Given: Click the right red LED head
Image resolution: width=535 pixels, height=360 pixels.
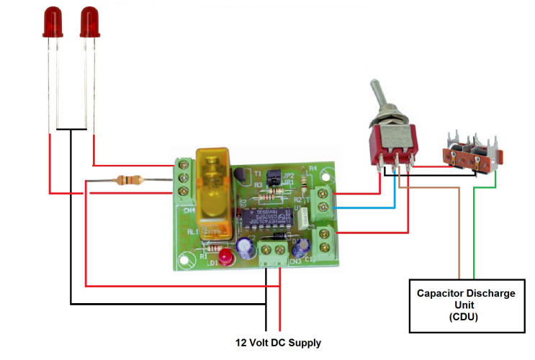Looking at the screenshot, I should [x=89, y=21].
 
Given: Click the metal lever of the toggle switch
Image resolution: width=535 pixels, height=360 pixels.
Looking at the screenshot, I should [x=379, y=96].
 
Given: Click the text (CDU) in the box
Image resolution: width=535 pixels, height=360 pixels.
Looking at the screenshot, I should [x=467, y=317].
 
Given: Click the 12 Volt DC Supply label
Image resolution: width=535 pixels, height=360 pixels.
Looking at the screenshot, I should [x=279, y=343].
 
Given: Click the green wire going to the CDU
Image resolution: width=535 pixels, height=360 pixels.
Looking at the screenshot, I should [x=474, y=230].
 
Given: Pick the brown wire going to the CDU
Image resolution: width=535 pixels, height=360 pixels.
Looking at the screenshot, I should [x=459, y=230].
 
